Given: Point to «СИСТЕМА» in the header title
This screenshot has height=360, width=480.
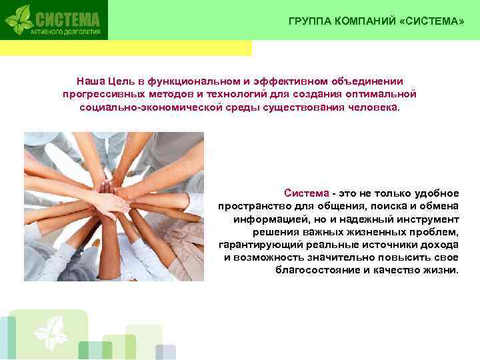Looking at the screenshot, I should [431, 21].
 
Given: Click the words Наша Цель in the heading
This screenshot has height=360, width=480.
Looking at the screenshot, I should [101, 80].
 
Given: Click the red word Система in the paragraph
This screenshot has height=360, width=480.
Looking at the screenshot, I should [306, 193].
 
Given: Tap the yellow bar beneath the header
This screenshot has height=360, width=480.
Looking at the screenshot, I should [127, 48].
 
